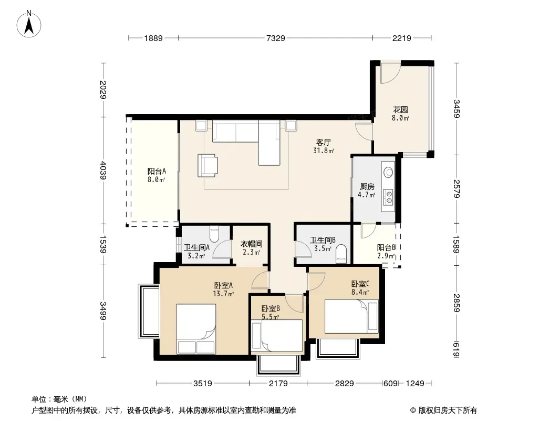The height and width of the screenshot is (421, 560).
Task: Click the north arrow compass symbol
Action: point(29,24)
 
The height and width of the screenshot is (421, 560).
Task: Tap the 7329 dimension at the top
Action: point(276,38)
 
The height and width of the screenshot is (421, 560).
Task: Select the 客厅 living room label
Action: point(323,142)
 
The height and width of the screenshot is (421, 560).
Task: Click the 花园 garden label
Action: point(400,109)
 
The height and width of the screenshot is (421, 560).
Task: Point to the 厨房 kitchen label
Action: point(367,186)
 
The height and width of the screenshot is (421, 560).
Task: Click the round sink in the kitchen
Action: point(388,172)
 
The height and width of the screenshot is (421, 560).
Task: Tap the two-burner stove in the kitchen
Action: point(388,196)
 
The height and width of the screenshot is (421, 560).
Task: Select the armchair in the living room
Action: point(208,165)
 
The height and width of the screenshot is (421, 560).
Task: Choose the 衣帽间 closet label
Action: point(251,244)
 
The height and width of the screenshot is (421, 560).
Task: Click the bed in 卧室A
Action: point(196,329)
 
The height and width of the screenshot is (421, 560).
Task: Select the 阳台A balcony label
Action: point(157,172)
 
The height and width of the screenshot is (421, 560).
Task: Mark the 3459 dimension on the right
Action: point(457,109)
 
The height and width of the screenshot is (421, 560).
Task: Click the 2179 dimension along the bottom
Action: point(278,384)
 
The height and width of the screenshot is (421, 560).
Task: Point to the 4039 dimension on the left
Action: point(103,171)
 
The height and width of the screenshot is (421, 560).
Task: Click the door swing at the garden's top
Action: point(390,73)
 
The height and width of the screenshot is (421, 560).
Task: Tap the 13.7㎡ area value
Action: point(223,294)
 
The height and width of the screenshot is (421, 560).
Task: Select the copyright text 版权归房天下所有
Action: point(448,410)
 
